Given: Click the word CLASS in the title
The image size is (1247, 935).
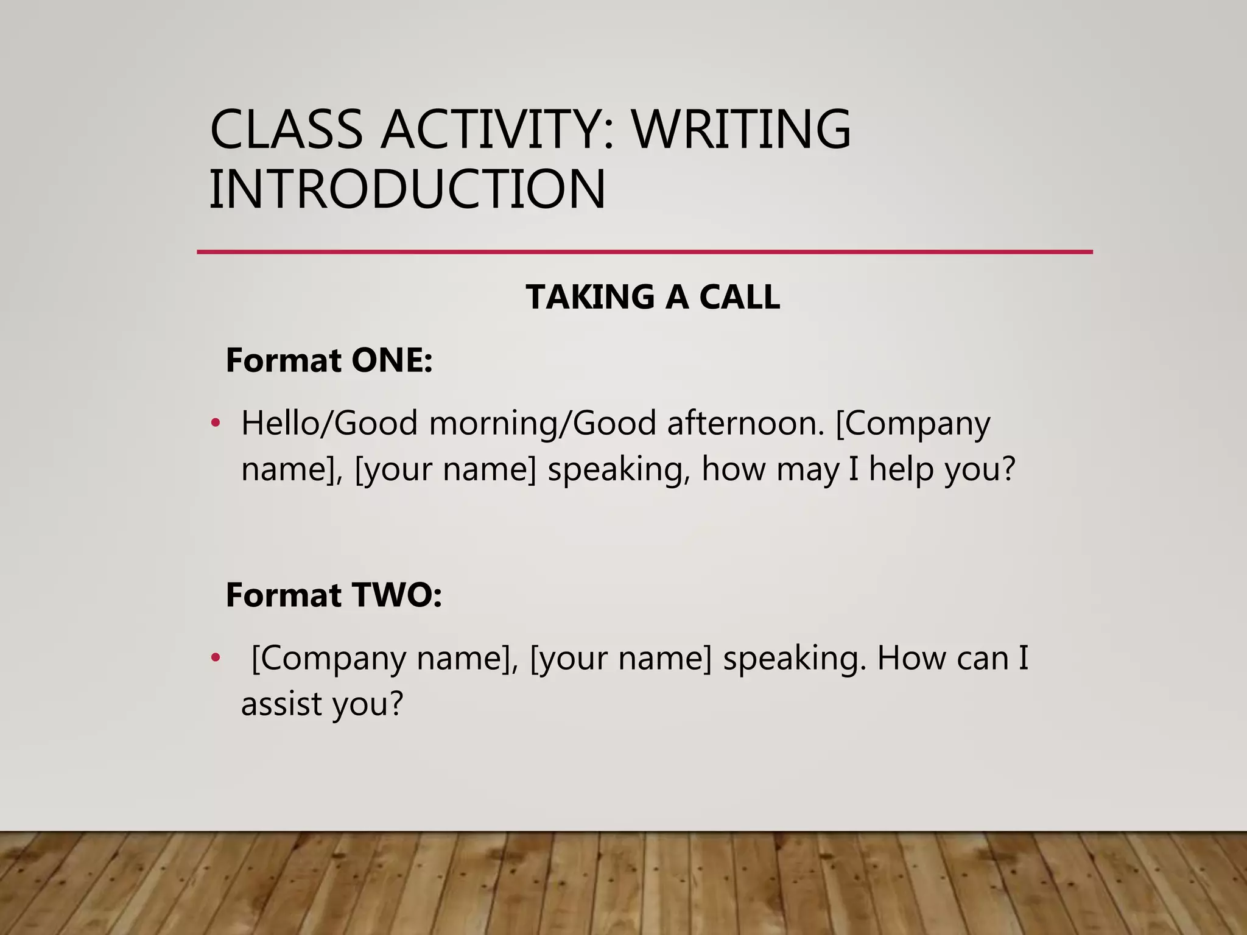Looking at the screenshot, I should click(x=286, y=129).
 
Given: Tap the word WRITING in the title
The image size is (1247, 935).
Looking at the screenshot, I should click(x=741, y=129).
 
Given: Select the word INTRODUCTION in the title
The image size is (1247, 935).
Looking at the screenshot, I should click(x=407, y=189).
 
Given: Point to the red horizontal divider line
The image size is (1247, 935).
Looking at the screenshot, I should click(x=644, y=251).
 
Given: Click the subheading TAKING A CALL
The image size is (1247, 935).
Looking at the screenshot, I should click(x=653, y=297).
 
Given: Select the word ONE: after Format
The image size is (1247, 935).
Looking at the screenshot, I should click(x=392, y=360).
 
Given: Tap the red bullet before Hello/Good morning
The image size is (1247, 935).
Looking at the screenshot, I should click(x=215, y=423).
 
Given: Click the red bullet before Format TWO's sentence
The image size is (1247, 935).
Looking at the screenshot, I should click(x=215, y=658).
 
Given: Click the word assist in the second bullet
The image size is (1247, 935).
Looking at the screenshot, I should click(x=281, y=704).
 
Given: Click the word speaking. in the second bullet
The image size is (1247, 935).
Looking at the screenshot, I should click(x=794, y=659).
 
